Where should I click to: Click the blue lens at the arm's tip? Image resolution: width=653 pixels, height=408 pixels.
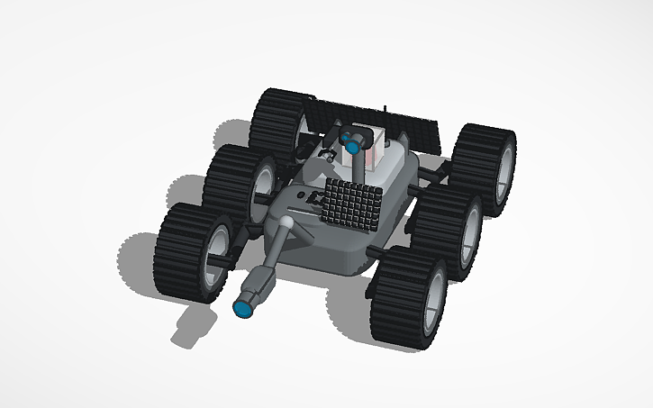point(242,309)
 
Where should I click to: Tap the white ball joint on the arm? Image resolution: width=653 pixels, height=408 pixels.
point(285,219)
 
